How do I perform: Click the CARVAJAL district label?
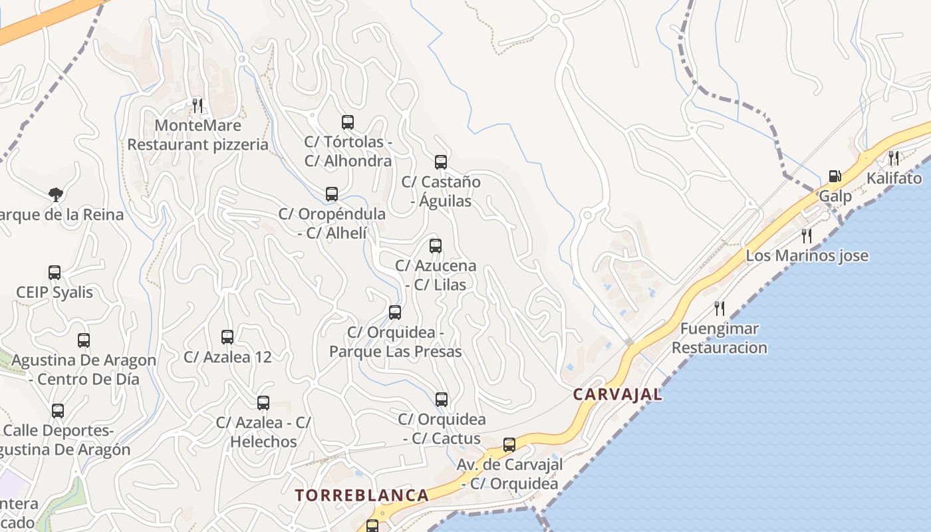pyautogui.click(x=617, y=394)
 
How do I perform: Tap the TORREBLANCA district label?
pyautogui.click(x=362, y=495)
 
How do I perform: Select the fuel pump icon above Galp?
pyautogui.click(x=835, y=177)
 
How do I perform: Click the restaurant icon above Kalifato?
pyautogui.click(x=894, y=158)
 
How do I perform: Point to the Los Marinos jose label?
pyautogui.click(x=807, y=256)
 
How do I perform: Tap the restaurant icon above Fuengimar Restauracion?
pyautogui.click(x=719, y=309)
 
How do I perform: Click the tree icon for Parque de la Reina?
pyautogui.click(x=56, y=194)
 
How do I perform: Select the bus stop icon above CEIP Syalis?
pyautogui.click(x=55, y=273)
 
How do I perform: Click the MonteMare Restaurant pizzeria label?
pyautogui.click(x=198, y=135)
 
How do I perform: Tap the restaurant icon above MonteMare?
pyautogui.click(x=197, y=105)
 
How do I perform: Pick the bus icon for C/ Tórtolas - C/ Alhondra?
pyautogui.click(x=348, y=122)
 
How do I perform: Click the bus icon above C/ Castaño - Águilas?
pyautogui.click(x=441, y=162)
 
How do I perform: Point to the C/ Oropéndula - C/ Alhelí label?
pyautogui.click(x=332, y=223)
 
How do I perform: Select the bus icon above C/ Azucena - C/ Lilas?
pyautogui.click(x=436, y=246)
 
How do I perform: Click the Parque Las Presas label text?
pyautogui.click(x=395, y=351)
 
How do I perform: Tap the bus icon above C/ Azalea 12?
pyautogui.click(x=227, y=337)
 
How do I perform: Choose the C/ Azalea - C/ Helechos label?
pyautogui.click(x=263, y=432)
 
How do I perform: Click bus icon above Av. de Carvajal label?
pyautogui.click(x=509, y=445)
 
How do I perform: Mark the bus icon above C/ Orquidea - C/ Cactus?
pyautogui.click(x=442, y=400)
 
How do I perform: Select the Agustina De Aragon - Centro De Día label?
pyautogui.click(x=84, y=370)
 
